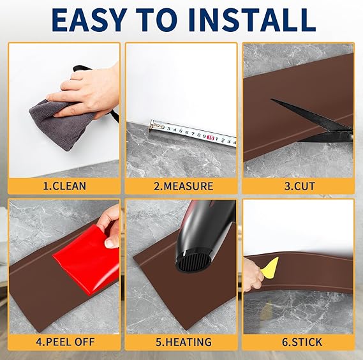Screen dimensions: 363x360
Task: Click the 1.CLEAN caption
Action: coord(64,186)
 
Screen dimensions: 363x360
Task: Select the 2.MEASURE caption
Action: coord(183,186)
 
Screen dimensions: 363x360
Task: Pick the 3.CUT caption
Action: coord(300,186)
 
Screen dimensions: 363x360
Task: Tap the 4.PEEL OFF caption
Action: coord(65,341)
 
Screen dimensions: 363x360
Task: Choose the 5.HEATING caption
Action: coord(183,342)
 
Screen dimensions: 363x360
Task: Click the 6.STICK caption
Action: coord(302,342)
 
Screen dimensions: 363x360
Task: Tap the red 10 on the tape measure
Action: coord(211,138)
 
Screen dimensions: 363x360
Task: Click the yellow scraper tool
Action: coord(270,266)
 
